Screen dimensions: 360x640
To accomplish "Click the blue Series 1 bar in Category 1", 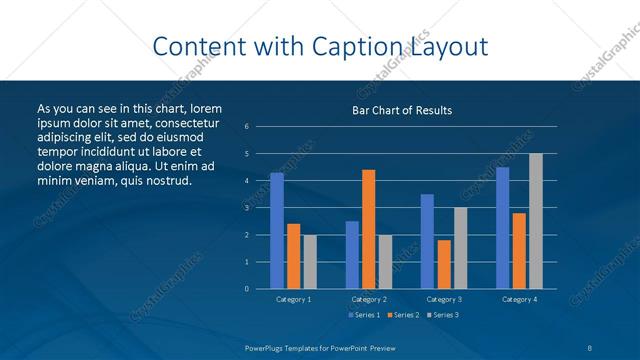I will (277, 231).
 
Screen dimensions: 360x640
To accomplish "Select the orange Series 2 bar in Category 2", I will (368, 229).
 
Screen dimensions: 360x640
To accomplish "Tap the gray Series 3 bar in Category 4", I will (536, 221).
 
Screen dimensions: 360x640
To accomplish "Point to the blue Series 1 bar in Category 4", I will (502, 228).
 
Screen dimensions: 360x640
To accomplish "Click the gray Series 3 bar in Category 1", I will (310, 262).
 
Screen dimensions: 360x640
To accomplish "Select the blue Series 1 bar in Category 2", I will (352, 255).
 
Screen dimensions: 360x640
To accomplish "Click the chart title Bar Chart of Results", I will (402, 110).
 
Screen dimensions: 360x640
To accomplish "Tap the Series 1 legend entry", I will (364, 315).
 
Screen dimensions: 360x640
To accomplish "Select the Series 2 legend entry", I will (403, 315).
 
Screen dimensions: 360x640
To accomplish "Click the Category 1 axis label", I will (293, 299).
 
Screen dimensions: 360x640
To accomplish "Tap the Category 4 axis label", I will (519, 299).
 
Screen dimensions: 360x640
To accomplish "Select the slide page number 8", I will (590, 347).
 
